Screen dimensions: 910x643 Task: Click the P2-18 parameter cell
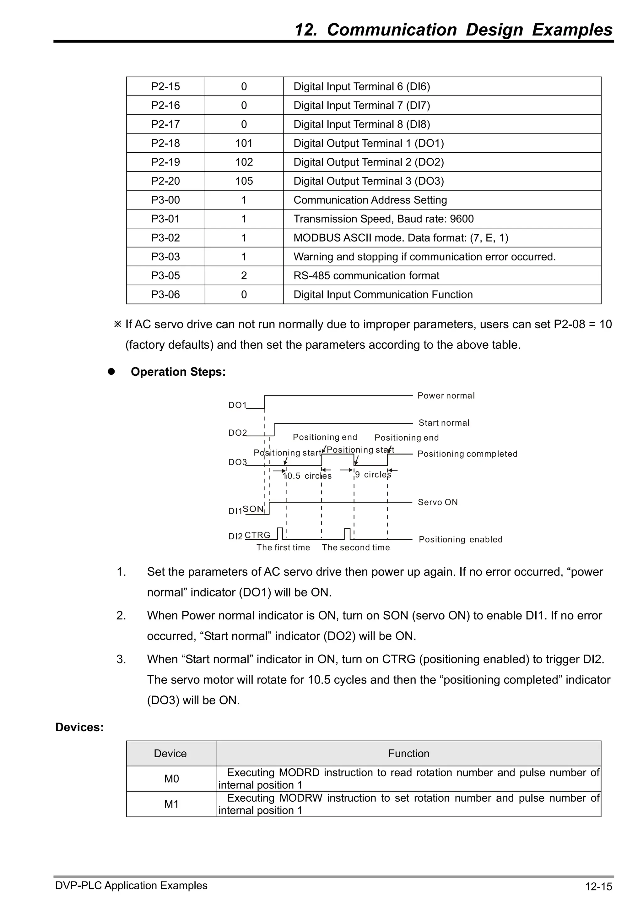coord(165,143)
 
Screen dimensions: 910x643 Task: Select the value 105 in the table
coord(244,181)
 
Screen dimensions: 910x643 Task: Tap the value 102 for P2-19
coord(244,162)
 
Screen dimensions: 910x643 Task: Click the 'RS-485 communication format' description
coord(366,275)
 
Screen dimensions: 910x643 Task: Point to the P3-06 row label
coord(165,294)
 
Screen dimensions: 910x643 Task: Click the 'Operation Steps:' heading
coord(178,372)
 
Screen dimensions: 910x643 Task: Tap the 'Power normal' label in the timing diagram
coord(446,395)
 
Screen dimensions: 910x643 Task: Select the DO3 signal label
coord(237,462)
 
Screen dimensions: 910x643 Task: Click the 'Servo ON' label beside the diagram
coord(437,502)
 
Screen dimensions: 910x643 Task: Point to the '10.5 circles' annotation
coord(308,476)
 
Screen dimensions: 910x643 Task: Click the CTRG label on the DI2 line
coord(257,535)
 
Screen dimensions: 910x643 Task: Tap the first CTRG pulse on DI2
coord(280,533)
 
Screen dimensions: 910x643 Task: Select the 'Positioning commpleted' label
coord(467,454)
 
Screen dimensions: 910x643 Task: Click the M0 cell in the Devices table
coord(171,779)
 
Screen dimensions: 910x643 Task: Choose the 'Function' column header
coord(408,754)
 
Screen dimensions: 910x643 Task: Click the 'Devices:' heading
coord(79,727)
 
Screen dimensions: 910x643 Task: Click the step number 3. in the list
coord(121,659)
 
